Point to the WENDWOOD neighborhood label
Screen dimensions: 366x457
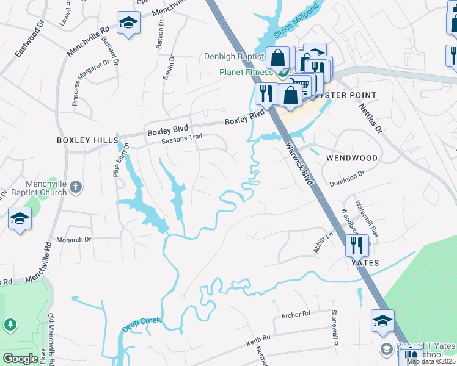352,157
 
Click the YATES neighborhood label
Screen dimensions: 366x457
364,263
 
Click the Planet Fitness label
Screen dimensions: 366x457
246,72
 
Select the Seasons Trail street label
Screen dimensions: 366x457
181,140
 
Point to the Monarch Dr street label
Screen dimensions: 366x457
73,240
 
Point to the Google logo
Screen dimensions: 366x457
20,359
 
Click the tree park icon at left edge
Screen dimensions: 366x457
10,324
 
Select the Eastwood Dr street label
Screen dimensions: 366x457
29,40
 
